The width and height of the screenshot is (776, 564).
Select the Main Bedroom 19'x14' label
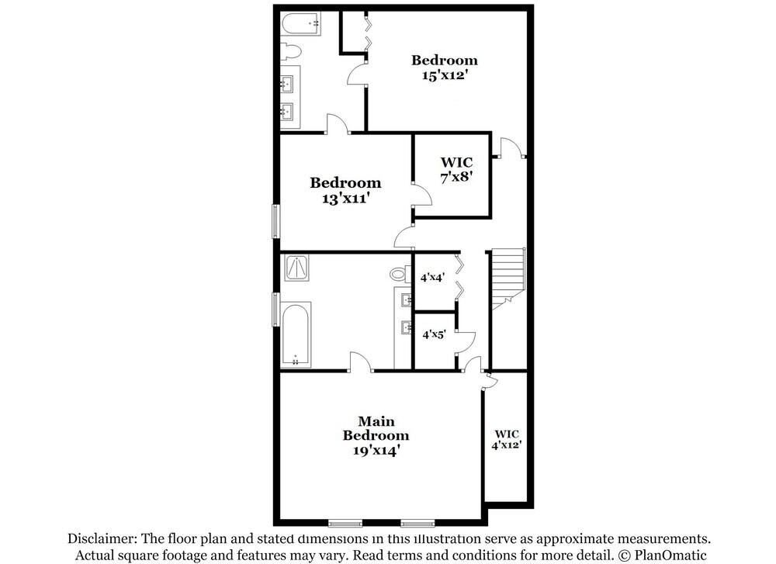376,437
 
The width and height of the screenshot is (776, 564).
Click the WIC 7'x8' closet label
456,169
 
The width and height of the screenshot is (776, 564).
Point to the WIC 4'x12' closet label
507,439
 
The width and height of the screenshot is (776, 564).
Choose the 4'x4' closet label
432,276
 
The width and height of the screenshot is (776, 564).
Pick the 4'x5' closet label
432,334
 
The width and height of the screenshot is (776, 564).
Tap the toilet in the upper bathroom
290,52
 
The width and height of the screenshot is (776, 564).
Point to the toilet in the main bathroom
400,274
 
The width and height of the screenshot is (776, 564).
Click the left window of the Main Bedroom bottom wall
344,521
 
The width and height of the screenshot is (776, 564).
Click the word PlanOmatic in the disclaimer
671,555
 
